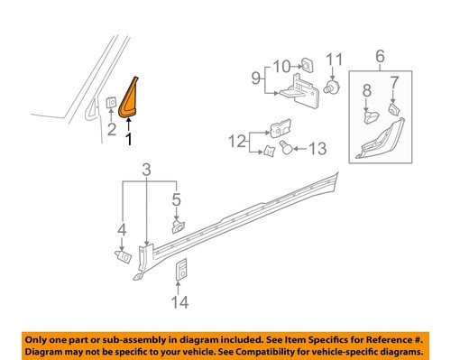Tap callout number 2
(x=110, y=130)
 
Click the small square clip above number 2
(x=110, y=102)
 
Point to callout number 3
(x=148, y=169)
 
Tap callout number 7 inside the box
(x=393, y=84)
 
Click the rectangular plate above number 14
(x=182, y=271)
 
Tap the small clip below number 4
(x=120, y=255)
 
